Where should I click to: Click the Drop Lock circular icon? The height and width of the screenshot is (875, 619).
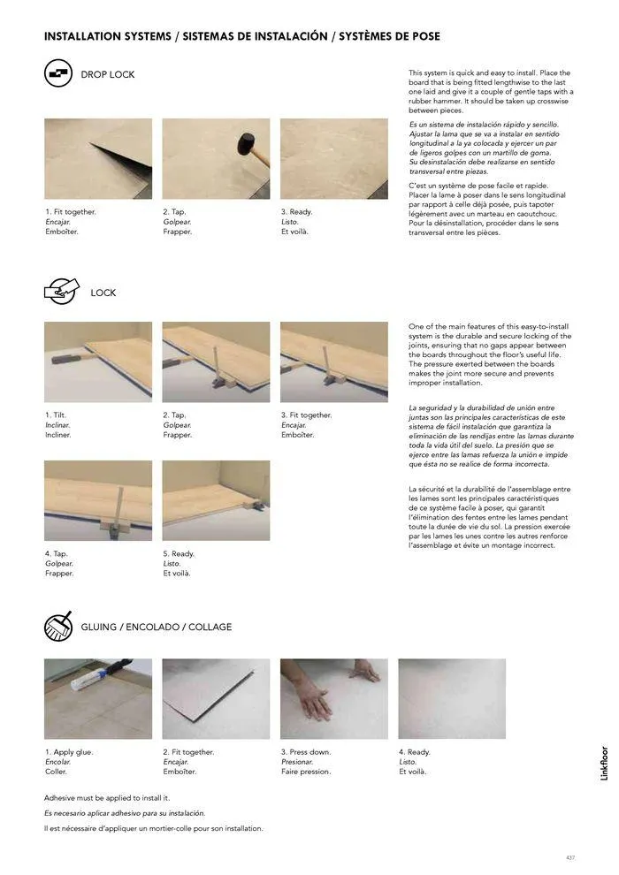58,73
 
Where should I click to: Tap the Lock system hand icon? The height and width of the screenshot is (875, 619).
61,291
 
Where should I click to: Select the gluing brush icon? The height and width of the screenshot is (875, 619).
58,626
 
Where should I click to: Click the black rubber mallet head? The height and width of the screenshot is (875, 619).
246,144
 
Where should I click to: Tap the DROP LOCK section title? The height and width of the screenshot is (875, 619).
108,74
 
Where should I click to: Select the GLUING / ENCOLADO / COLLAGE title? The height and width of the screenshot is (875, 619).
157,627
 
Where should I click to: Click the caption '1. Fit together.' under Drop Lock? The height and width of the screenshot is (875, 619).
71,212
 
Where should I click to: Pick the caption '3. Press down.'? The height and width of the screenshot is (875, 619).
306,752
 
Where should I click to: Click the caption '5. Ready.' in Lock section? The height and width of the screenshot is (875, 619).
179,553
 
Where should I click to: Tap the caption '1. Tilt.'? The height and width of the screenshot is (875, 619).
56,415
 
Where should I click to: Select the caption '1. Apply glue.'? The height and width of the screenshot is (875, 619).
69,752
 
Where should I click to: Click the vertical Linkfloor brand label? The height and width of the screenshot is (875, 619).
605,763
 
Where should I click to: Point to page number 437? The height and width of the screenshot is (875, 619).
569,857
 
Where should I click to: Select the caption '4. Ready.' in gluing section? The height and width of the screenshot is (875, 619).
415,752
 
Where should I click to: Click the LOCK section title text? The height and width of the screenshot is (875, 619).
103,293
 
